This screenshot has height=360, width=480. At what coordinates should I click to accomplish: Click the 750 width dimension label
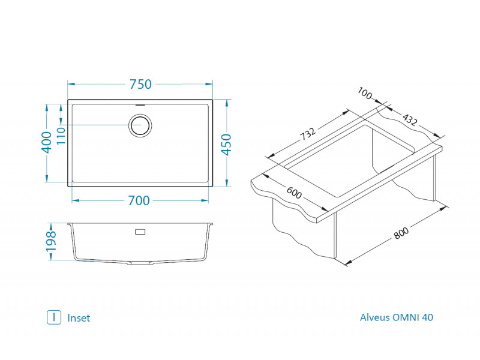[x=140, y=85]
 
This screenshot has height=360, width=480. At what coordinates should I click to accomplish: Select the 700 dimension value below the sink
[x=139, y=201]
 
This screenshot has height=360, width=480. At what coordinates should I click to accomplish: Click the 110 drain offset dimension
[x=61, y=137]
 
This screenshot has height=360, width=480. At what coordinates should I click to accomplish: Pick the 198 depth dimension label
[x=52, y=242]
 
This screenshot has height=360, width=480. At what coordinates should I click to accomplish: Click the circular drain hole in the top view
[x=140, y=126]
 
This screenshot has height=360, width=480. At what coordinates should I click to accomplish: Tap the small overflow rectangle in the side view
[x=140, y=231]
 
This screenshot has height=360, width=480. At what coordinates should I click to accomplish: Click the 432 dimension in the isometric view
[x=409, y=120]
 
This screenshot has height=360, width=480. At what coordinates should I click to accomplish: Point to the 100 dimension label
[x=364, y=94]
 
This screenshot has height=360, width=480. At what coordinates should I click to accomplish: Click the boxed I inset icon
[x=54, y=317]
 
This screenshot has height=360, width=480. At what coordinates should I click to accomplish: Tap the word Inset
[x=79, y=318]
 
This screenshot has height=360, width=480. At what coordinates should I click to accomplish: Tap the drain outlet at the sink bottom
[x=140, y=263]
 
